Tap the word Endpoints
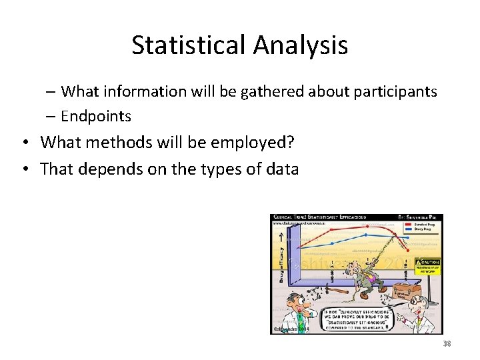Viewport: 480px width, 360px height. coord(96,116)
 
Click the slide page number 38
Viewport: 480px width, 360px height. coord(447,343)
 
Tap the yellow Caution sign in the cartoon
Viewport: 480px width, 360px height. coord(428,266)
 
